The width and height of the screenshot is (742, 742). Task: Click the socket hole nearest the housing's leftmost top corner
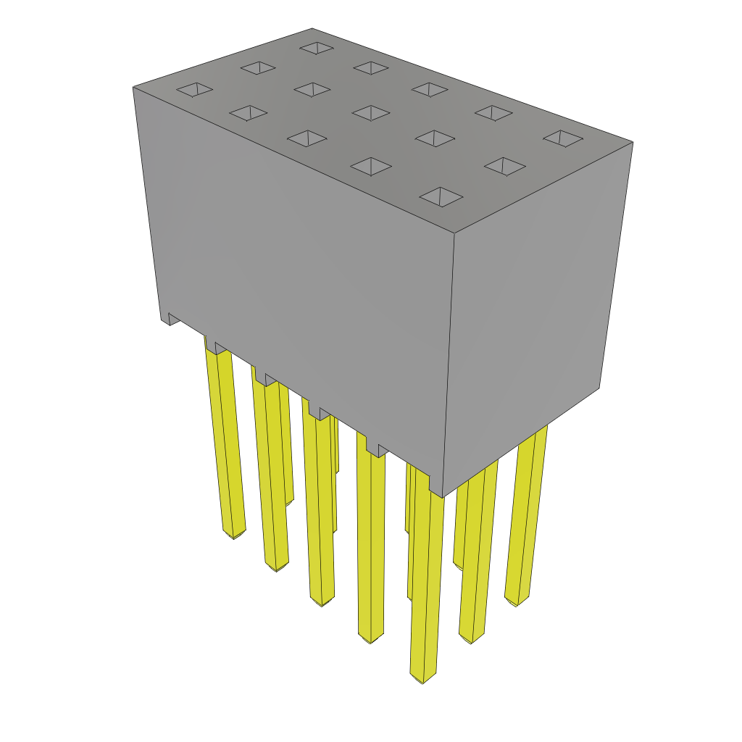coord(194,89)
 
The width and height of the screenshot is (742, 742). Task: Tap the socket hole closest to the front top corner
coord(441,196)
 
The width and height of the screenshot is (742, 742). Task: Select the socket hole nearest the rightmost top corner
coord(563,138)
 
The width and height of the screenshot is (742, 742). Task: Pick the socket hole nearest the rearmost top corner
coord(317,48)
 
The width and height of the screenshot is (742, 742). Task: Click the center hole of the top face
coord(371,113)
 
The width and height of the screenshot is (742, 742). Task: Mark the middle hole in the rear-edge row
coord(429,89)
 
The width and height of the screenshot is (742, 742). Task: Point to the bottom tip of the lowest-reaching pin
coord(423,680)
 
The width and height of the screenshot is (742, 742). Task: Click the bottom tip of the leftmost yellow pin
coord(233,535)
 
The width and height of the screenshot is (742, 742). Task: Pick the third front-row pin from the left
coord(319,507)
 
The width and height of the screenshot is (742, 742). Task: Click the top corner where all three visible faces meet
coord(454,233)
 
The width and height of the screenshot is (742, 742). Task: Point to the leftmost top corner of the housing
coord(133,87)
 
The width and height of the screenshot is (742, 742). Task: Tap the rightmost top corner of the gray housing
coord(633,142)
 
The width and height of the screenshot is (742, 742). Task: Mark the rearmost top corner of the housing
coord(312,29)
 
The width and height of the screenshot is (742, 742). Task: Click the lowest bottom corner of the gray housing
coord(442,497)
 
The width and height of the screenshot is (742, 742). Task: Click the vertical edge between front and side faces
coord(449,362)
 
